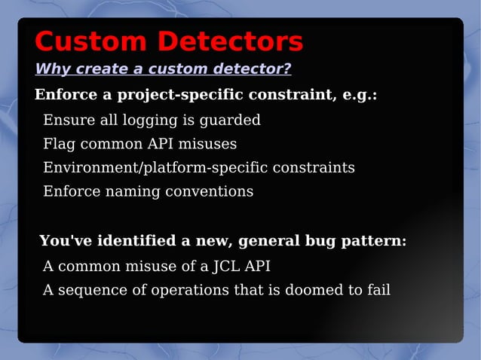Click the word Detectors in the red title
pyautogui.click(x=230, y=41)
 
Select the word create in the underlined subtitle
pyautogui.click(x=106, y=69)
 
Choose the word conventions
pyautogui.click(x=215, y=191)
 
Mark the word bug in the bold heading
pyautogui.click(x=320, y=242)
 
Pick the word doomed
pyautogui.click(x=309, y=290)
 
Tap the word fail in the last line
pyautogui.click(x=377, y=290)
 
